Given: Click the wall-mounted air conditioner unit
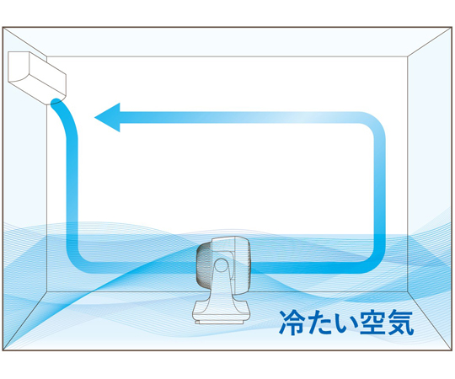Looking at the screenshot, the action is click(x=37, y=77).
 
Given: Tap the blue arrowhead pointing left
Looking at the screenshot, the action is click(x=108, y=117).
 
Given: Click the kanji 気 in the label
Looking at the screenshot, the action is click(x=400, y=323).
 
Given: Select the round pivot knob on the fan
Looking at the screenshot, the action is click(x=221, y=264).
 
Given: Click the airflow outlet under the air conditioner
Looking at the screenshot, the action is click(x=57, y=102).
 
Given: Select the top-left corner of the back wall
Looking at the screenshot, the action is click(x=47, y=56).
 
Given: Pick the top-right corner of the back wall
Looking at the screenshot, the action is click(x=408, y=56).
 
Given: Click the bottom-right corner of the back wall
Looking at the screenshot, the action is click(x=408, y=292).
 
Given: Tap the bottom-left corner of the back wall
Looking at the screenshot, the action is click(x=47, y=292).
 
